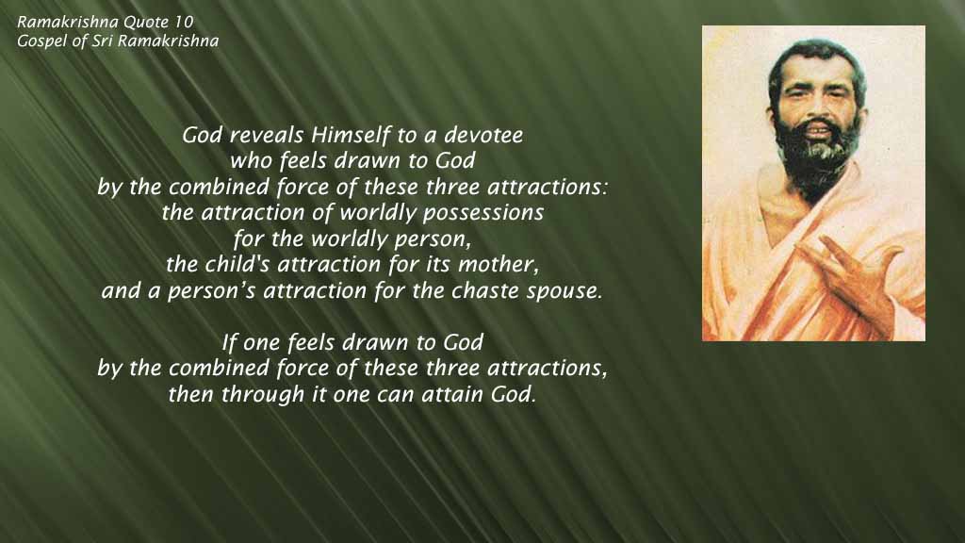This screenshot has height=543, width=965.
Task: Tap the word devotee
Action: [x=483, y=135]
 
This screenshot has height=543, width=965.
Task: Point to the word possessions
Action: [x=483, y=213]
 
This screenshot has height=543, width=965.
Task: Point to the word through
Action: [x=263, y=395]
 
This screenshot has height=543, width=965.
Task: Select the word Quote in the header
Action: [x=146, y=23]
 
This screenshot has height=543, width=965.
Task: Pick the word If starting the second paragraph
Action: [x=229, y=342]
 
